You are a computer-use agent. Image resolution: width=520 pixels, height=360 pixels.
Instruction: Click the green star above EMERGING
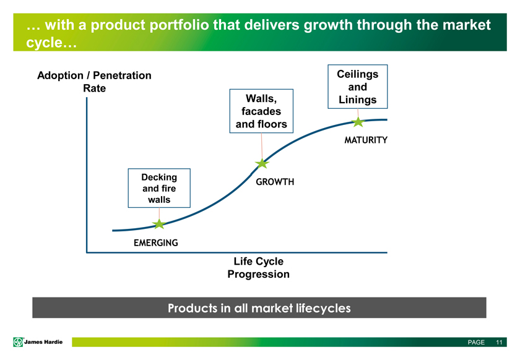[159, 224]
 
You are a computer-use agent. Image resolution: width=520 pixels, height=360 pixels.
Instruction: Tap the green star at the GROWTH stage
[262, 163]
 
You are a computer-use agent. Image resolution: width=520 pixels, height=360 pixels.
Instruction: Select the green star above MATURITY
[358, 122]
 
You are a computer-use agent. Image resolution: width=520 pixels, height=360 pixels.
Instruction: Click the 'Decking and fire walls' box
[159, 188]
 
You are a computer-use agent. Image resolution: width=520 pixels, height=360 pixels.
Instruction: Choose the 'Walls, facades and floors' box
[261, 111]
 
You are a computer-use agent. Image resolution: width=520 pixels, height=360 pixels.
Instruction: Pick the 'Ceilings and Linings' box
[358, 87]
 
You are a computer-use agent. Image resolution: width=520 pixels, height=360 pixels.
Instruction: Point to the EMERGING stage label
[156, 243]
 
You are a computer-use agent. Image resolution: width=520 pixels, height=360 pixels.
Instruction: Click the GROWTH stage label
[275, 182]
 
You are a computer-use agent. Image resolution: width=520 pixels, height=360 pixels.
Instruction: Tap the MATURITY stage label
[366, 140]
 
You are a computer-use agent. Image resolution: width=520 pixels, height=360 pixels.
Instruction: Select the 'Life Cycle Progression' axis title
[258, 267]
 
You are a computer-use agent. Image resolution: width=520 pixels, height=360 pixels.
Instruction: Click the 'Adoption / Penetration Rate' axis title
[94, 82]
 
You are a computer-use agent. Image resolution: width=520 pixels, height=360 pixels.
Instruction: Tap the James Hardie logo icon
[18, 342]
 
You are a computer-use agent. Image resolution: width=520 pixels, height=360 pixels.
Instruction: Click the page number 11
[499, 342]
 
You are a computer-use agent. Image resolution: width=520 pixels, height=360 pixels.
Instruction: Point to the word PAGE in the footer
[476, 342]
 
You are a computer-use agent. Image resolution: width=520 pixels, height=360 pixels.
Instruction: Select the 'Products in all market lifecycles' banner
[259, 307]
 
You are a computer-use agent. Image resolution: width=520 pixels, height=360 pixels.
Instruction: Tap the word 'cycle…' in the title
[51, 43]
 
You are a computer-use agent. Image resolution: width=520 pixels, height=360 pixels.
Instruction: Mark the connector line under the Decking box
[159, 214]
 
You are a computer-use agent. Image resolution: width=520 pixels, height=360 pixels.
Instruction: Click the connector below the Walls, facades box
[262, 146]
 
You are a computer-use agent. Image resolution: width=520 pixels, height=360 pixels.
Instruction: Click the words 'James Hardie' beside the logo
[43, 342]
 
